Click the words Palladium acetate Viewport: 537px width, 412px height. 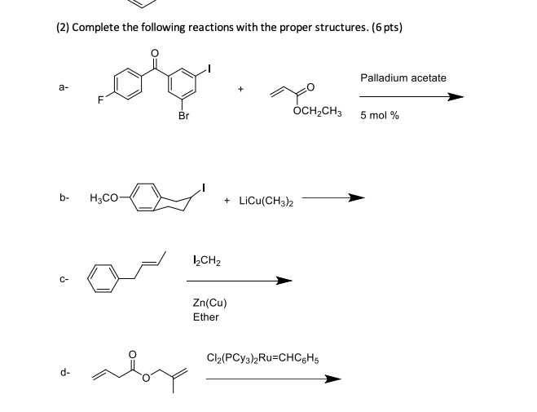tap(403, 78)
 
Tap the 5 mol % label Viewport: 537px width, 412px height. tap(380, 115)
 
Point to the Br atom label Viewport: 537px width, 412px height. tap(183, 117)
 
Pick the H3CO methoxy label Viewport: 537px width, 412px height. tap(106, 197)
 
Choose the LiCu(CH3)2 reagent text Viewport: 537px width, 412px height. tap(266, 200)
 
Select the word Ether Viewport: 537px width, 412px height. tap(205, 317)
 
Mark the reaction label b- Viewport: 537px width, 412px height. tap(64, 197)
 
